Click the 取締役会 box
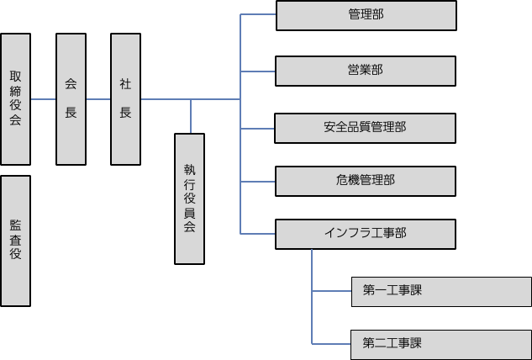15,98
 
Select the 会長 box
71,98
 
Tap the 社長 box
125,98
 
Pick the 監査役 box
15,240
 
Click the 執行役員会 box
189,198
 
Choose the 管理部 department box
366,15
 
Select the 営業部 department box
366,71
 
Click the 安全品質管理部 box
366,128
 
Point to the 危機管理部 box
366,180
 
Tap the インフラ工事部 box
366,233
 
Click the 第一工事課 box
440,291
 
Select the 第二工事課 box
440,343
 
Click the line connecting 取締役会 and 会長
43,99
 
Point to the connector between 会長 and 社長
98,99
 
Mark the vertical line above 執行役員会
191,116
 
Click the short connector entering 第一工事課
331,291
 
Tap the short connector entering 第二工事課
331,343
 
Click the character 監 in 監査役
15,225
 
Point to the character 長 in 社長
125,113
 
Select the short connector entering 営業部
258,71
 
